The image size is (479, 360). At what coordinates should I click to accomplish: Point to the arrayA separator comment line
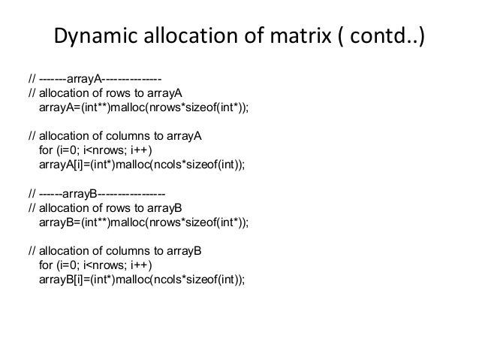point(94,77)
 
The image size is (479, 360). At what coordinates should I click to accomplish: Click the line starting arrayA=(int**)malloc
point(143,108)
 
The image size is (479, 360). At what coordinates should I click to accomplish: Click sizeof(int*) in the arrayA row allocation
point(218,108)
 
